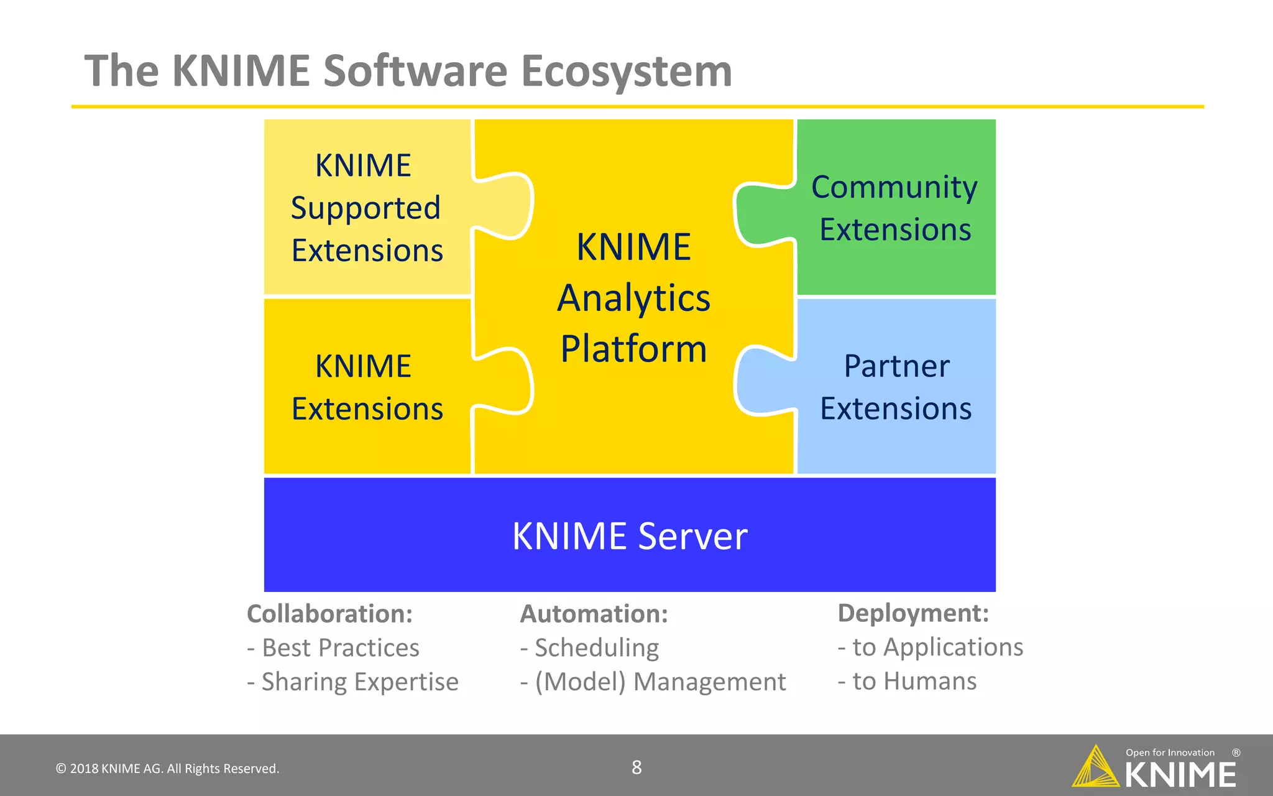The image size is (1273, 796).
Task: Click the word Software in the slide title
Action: tap(415, 71)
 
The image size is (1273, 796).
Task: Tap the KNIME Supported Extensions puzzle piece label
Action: tap(366, 208)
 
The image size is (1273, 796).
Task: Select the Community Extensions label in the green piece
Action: tap(894, 208)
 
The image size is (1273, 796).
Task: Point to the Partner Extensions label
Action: tap(896, 387)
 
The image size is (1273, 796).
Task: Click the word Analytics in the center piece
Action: tap(633, 298)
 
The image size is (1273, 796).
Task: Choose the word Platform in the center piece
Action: tap(633, 349)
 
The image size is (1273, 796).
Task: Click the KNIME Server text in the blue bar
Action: tap(630, 536)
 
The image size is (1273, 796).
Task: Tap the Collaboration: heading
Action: tap(330, 614)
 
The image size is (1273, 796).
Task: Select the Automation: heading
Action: tap(594, 614)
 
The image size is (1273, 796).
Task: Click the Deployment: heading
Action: tap(913, 613)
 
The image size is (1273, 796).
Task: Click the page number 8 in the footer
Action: tap(636, 767)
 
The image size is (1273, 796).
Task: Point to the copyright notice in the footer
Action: tap(168, 769)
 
